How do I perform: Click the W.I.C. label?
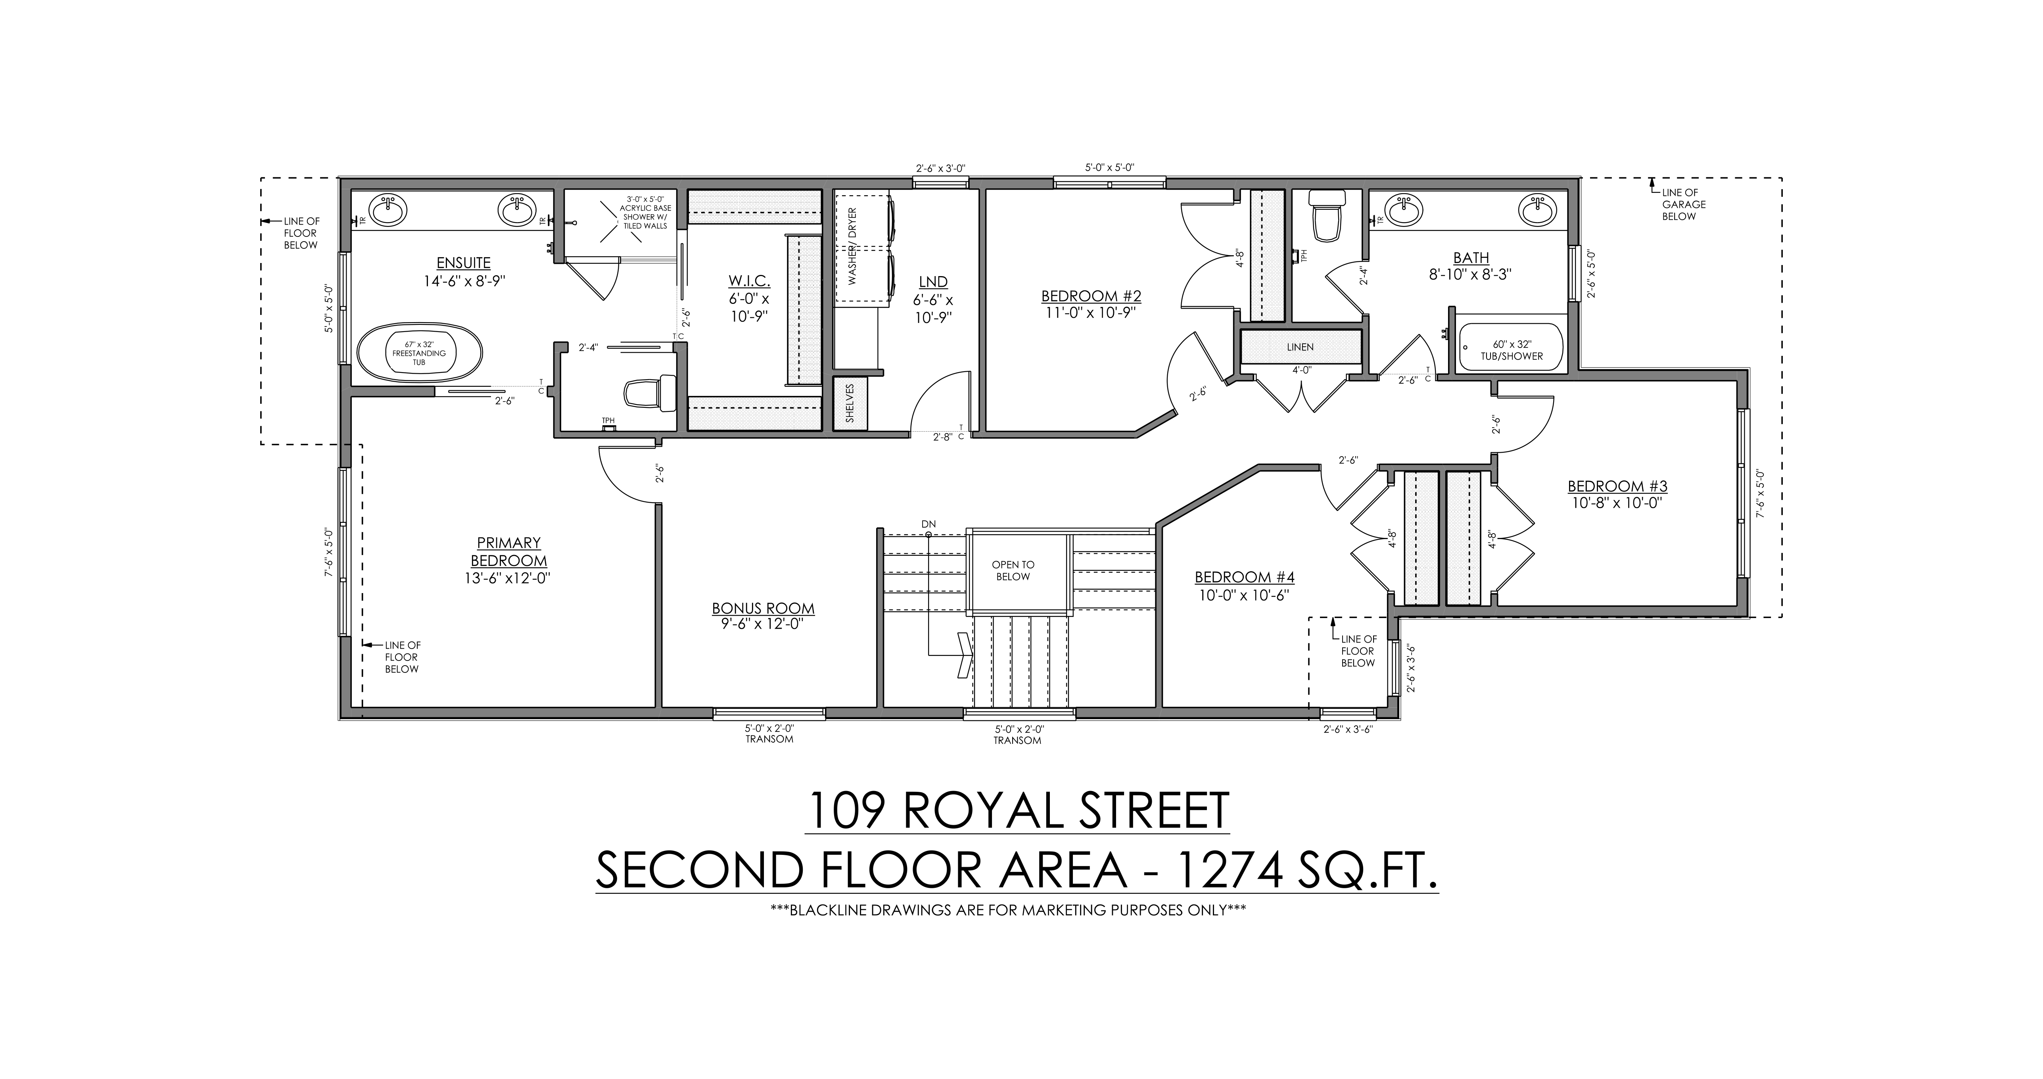[750, 282]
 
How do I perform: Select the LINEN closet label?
[1301, 347]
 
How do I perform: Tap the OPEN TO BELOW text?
[1013, 570]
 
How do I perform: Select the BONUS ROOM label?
[763, 609]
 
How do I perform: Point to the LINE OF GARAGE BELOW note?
[1683, 204]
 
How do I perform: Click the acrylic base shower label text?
[645, 212]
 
